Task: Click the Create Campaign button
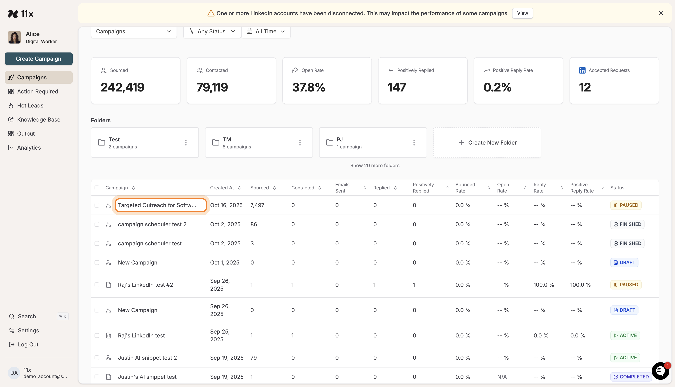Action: tap(39, 59)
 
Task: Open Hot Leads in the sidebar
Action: tap(30, 106)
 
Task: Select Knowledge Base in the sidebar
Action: tap(39, 120)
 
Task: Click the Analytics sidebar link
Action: tap(29, 148)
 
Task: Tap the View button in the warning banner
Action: tap(522, 13)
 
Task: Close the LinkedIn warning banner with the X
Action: tap(661, 13)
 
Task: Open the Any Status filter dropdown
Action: tap(212, 31)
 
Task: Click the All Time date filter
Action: tap(266, 31)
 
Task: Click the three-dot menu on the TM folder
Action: tap(300, 143)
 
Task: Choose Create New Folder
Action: tap(487, 143)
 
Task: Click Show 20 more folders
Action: tap(375, 166)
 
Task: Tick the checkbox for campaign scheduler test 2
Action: tap(97, 224)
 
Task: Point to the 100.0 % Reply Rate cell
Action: tap(544, 285)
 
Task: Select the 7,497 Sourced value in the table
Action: tap(257, 205)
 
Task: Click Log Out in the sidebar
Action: tap(28, 344)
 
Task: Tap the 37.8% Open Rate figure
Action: tap(308, 87)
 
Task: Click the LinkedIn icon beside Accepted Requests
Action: tap(582, 70)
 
